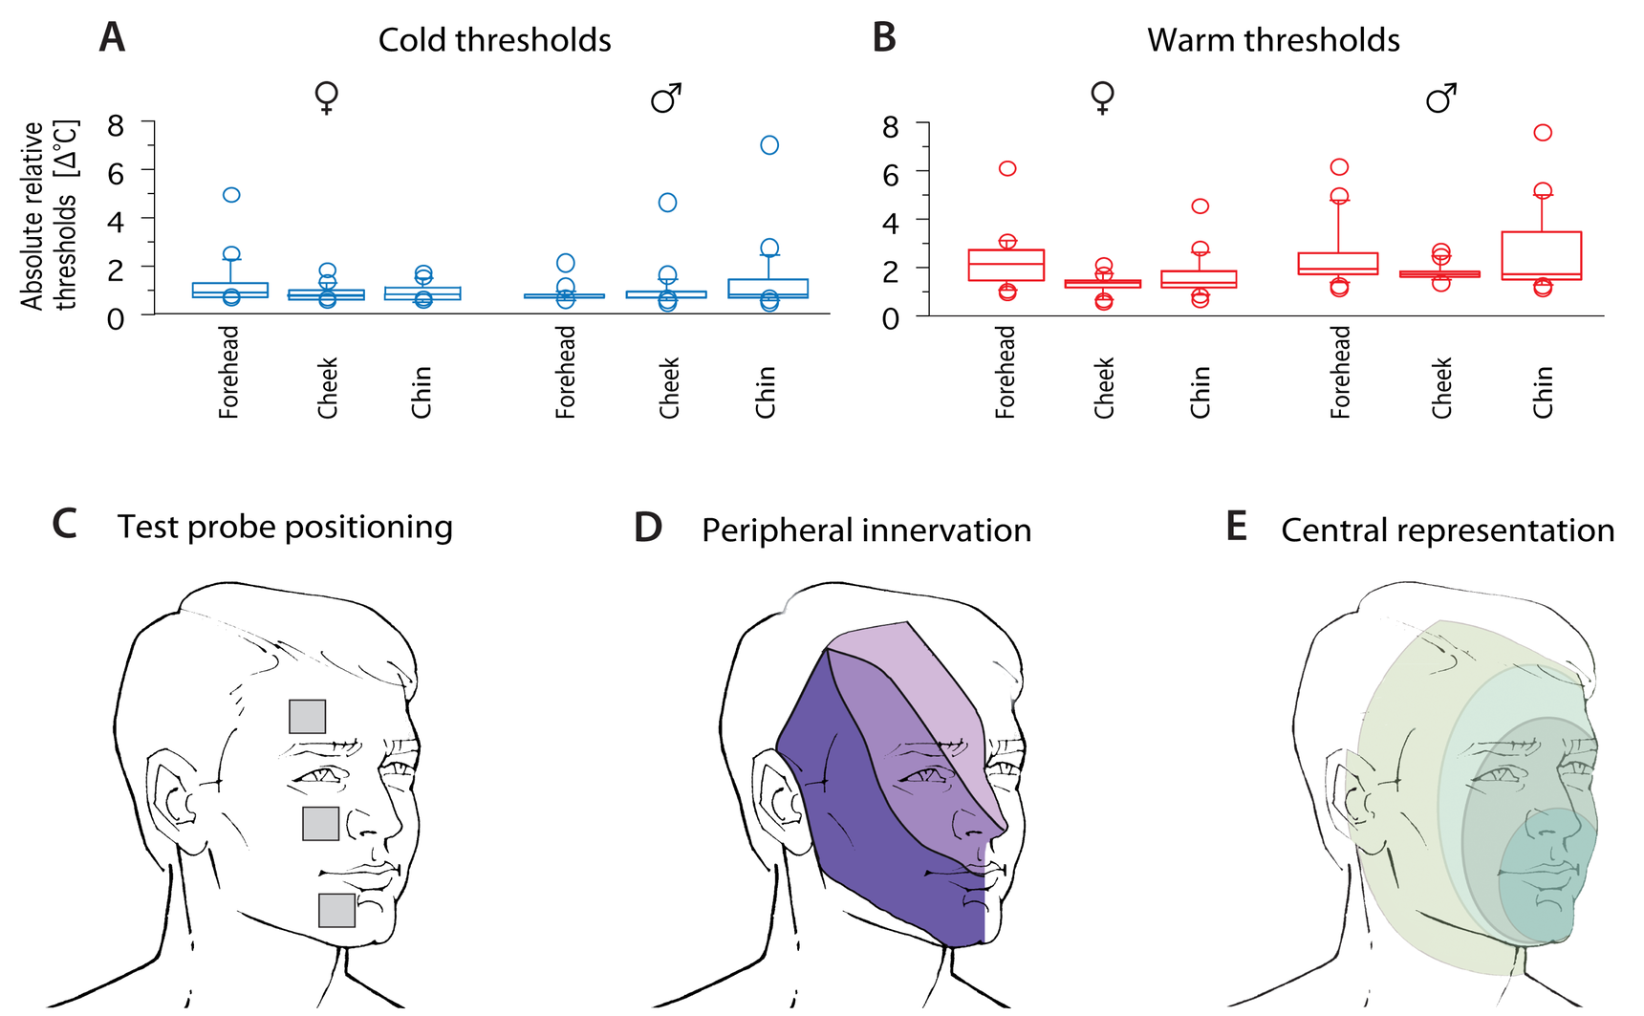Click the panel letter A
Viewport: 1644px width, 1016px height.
tap(113, 38)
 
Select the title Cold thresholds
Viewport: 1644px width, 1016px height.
tap(494, 40)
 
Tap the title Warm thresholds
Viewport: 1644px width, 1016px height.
tap(1273, 40)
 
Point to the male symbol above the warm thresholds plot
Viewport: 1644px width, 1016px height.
tap(1441, 97)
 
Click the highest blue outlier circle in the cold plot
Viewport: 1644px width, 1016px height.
tap(769, 145)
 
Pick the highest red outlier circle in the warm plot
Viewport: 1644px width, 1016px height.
tap(1543, 133)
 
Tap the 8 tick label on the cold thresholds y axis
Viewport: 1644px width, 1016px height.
tap(116, 125)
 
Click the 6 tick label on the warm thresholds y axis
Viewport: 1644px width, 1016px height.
tap(891, 174)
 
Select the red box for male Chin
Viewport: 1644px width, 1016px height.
tap(1542, 255)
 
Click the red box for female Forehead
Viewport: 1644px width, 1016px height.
tap(1006, 265)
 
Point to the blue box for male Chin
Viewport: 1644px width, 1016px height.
tap(768, 289)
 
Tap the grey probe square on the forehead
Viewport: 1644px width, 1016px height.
tap(308, 716)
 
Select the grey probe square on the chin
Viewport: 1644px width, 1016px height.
tap(336, 910)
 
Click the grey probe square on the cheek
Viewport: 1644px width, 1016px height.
tap(320, 823)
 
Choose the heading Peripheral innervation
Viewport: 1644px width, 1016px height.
tap(866, 530)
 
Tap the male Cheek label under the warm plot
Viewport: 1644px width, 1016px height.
tap(1441, 388)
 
